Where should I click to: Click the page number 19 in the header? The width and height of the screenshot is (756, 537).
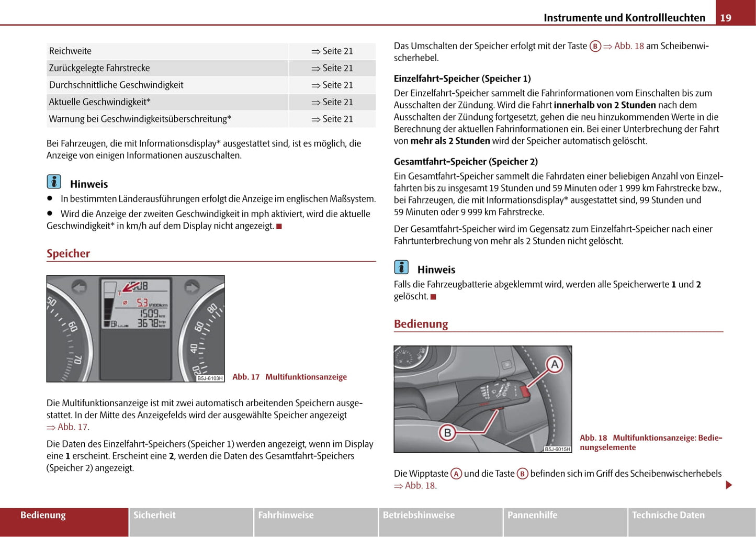click(726, 18)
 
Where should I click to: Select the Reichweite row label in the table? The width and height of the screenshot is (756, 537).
click(70, 51)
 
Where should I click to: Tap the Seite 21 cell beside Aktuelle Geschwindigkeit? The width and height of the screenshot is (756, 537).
click(332, 102)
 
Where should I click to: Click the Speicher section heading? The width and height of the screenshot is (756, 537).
click(69, 254)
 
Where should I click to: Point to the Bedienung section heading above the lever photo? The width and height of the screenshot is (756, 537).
click(421, 324)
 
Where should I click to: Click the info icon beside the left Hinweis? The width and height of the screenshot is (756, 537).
click(54, 182)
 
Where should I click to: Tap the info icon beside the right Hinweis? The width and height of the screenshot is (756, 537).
click(401, 267)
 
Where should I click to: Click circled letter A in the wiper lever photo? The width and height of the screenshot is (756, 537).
click(555, 364)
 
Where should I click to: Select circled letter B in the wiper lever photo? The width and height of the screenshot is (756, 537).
click(447, 433)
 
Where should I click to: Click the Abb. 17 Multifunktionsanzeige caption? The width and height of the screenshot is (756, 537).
click(289, 377)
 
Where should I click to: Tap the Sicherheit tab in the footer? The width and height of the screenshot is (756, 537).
click(154, 516)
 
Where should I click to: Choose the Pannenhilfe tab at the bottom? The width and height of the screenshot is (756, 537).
click(532, 516)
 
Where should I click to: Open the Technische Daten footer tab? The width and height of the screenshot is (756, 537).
click(668, 516)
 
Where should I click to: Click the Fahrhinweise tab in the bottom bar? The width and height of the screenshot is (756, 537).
click(286, 516)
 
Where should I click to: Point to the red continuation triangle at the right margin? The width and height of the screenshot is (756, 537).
click(729, 485)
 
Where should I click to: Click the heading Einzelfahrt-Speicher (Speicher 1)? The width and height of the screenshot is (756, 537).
click(462, 79)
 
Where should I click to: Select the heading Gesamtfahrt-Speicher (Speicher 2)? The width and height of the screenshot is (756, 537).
click(466, 162)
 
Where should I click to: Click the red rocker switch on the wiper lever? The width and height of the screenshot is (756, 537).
click(525, 390)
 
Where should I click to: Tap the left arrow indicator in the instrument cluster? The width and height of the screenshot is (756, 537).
click(79, 287)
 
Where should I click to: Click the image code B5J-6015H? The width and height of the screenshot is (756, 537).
click(557, 449)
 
